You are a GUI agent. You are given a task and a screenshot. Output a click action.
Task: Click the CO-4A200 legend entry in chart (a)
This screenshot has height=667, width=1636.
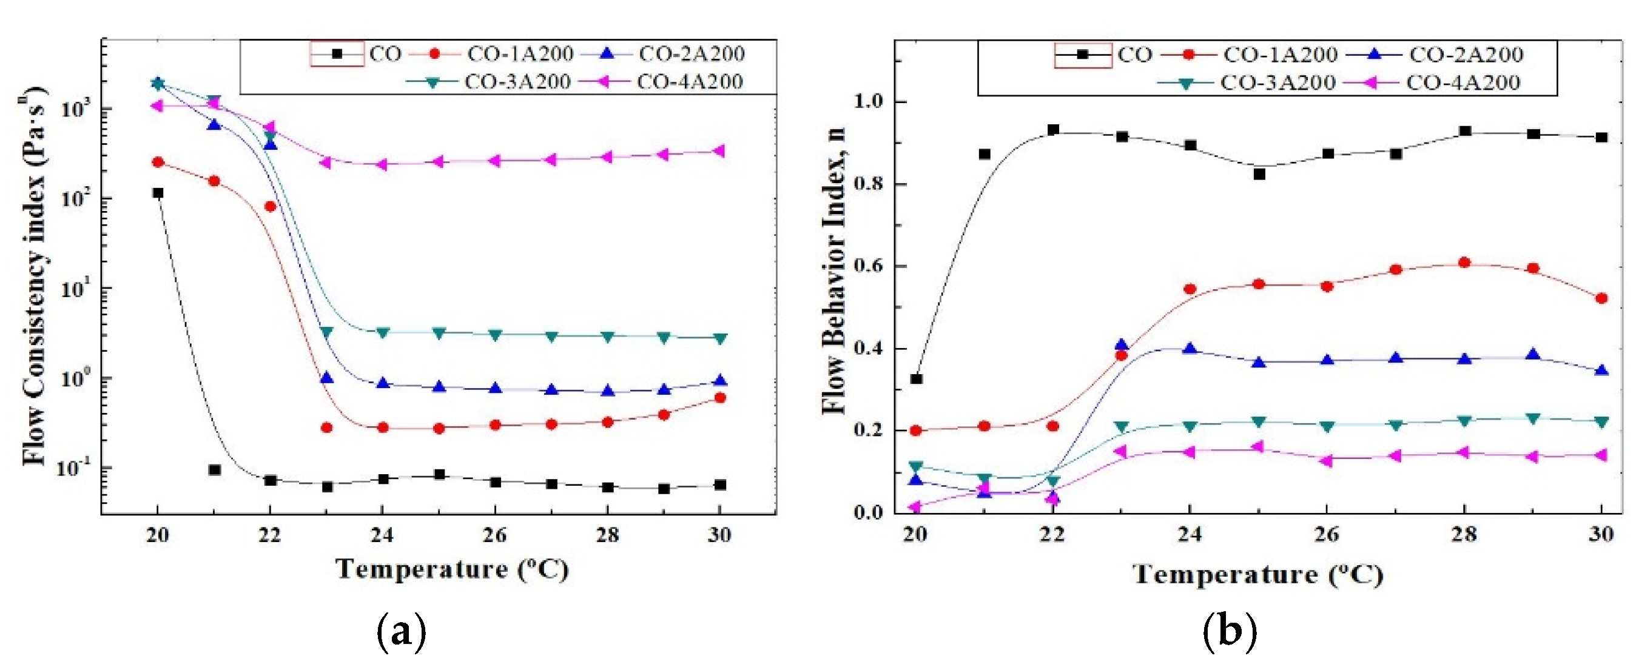(689, 82)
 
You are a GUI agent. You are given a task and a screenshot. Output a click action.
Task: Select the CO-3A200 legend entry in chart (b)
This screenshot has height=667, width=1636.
(1276, 82)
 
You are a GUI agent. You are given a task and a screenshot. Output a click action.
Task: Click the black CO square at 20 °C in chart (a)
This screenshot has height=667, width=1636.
(158, 193)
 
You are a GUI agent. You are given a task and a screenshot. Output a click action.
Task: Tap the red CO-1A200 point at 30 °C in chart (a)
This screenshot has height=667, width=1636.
(720, 398)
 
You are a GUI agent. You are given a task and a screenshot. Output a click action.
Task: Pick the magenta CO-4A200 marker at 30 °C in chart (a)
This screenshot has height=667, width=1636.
(720, 151)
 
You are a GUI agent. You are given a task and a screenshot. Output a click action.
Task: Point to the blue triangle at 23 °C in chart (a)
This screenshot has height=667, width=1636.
(326, 378)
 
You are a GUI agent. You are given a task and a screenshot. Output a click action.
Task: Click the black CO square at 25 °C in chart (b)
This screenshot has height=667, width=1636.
(1259, 174)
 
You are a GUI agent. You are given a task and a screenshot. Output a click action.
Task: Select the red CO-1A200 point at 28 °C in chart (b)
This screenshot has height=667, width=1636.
(1464, 262)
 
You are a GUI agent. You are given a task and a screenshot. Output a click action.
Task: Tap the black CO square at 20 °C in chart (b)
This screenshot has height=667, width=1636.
(917, 379)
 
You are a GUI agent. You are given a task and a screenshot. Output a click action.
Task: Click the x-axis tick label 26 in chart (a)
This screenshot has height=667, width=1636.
(494, 535)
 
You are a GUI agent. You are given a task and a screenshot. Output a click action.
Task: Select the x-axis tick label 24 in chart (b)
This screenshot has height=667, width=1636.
(1190, 534)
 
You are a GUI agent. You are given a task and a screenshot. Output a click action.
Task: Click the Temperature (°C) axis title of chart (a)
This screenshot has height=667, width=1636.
(451, 569)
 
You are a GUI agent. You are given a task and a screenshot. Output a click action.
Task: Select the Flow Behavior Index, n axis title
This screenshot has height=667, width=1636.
(835, 270)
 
